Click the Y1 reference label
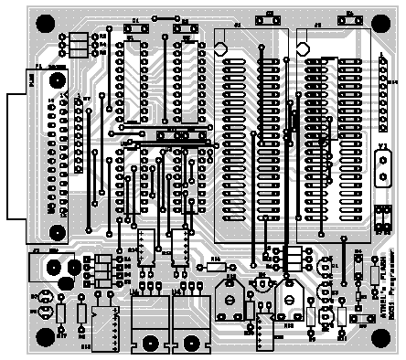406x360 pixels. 381,145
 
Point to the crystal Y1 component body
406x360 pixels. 383,167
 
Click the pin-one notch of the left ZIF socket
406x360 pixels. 220,49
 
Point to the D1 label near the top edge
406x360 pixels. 136,20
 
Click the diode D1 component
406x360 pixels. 136,28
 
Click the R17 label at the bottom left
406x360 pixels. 62,336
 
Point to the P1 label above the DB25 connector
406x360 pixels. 37,67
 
